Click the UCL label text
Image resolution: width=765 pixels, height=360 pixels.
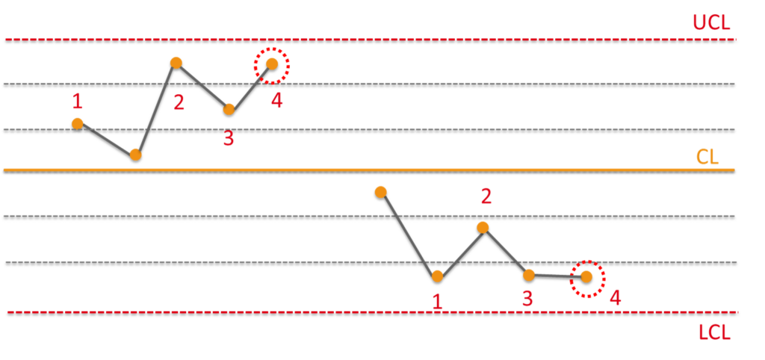tap(711, 22)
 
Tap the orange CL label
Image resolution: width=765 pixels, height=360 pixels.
tap(707, 157)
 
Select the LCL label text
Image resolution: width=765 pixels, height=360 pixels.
tap(714, 332)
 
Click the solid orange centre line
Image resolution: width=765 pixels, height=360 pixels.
tap(299, 170)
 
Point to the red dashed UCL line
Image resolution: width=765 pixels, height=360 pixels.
tap(374, 39)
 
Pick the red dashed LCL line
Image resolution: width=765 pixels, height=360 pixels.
tap(299, 311)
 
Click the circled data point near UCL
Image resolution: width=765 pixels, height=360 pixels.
tap(272, 64)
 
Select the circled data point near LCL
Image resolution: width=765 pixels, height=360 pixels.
tap(586, 276)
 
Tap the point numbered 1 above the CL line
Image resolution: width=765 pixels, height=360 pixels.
tap(78, 123)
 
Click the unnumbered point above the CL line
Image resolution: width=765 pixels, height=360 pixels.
tap(135, 155)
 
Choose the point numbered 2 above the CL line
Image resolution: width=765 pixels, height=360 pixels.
tap(176, 63)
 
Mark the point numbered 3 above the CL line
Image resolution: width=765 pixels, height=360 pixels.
tap(229, 109)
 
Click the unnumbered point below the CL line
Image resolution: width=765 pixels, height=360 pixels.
tap(380, 192)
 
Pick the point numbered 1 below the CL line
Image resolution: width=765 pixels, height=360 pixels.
tap(437, 276)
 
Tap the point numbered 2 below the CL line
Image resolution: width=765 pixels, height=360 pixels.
tap(483, 227)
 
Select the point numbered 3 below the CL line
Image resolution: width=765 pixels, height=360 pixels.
tap(529, 275)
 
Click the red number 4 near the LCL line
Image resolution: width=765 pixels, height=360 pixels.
tap(615, 298)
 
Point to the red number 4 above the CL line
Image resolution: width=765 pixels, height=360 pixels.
tap(277, 101)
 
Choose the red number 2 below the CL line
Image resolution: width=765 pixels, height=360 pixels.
tap(486, 196)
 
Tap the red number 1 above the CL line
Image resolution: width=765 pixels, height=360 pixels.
tap(77, 101)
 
